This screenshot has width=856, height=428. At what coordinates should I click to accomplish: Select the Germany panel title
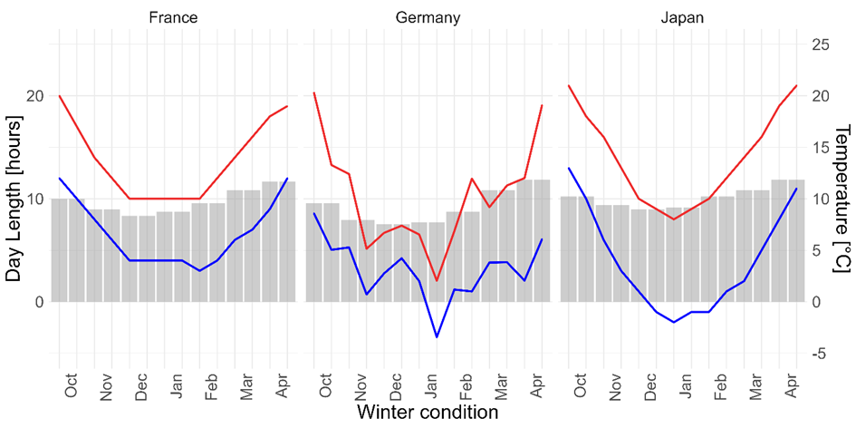coord(428,17)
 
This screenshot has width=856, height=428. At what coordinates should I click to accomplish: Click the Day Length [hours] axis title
coord(14,199)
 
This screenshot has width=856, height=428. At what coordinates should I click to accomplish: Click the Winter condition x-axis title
coord(428,413)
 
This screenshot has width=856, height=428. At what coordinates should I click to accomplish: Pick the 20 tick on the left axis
coord(36,96)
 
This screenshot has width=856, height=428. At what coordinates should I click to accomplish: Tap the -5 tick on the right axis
coord(819,354)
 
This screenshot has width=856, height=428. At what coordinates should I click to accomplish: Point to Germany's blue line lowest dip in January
coord(437,337)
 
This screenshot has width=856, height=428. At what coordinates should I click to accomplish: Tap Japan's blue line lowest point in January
coord(673,322)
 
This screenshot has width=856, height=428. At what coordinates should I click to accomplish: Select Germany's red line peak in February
coord(472,179)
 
